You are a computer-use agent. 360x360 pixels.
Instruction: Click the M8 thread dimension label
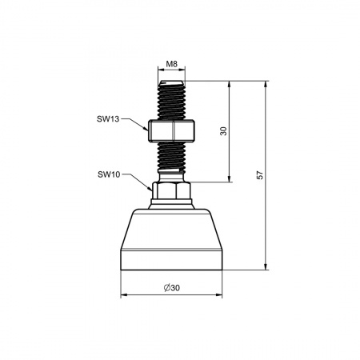[171, 64]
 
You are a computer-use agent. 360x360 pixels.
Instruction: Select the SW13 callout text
[108, 119]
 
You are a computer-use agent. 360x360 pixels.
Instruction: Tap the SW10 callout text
[109, 174]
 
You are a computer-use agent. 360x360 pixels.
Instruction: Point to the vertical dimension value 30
[224, 131]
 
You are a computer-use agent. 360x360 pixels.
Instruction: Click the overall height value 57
[260, 175]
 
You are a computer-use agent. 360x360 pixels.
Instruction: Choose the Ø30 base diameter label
[172, 288]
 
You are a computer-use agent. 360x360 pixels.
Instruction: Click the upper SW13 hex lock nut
[171, 130]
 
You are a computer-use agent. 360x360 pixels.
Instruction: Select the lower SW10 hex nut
[171, 190]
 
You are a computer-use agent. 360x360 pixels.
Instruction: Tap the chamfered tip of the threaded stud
[171, 83]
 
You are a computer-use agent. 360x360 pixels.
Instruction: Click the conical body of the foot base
[171, 230]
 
